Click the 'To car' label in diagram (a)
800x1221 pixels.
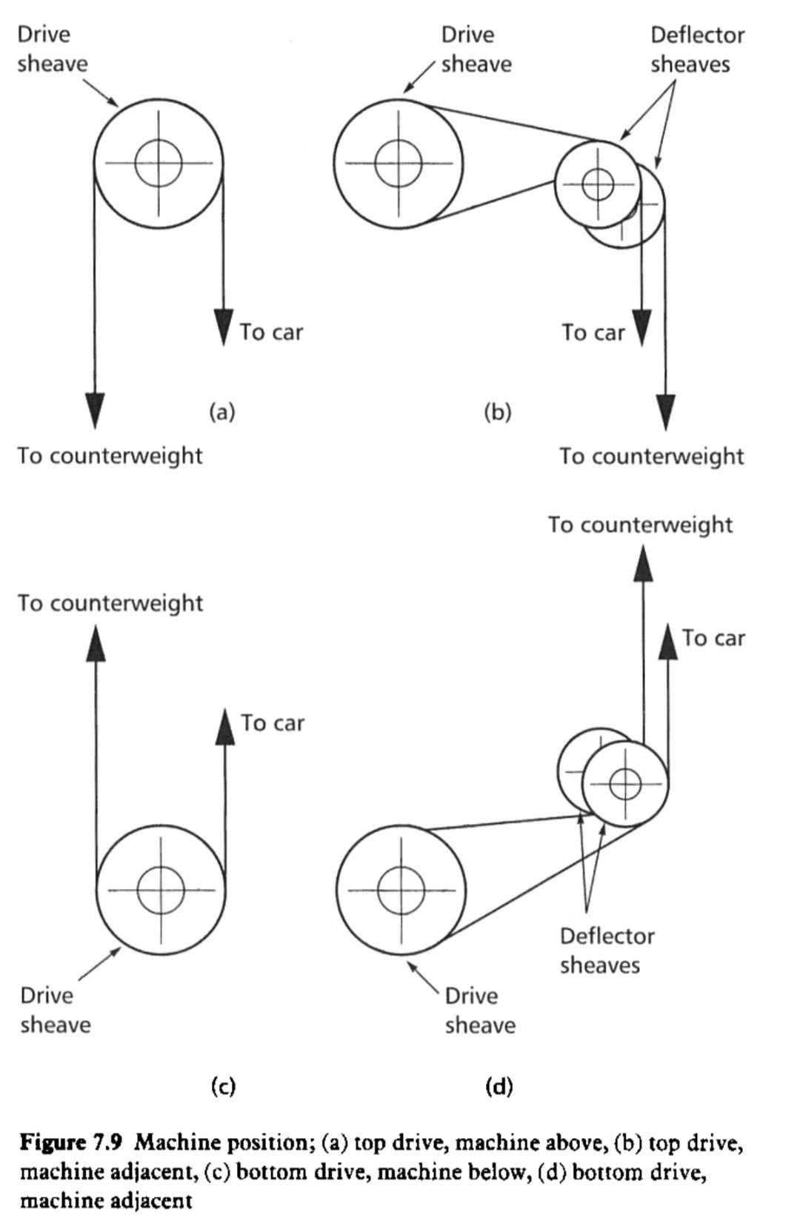click(x=271, y=332)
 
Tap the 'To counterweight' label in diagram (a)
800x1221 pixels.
click(x=110, y=455)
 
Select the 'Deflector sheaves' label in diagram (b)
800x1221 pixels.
click(x=697, y=50)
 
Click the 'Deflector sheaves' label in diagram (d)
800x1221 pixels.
click(x=607, y=951)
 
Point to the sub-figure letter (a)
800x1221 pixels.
click(x=222, y=411)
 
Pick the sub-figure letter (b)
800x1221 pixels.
click(x=498, y=411)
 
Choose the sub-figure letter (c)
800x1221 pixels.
click(x=223, y=1086)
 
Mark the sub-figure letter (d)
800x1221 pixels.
click(x=499, y=1086)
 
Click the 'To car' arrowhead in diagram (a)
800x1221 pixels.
click(x=223, y=326)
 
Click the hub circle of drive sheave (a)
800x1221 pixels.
click(x=158, y=162)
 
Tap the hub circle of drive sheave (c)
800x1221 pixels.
click(x=161, y=890)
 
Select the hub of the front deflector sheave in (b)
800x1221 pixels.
click(x=598, y=184)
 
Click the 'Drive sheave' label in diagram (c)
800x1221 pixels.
click(x=55, y=1010)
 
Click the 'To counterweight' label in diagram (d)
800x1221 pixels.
click(x=640, y=525)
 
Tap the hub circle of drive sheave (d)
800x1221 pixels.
click(x=401, y=890)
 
